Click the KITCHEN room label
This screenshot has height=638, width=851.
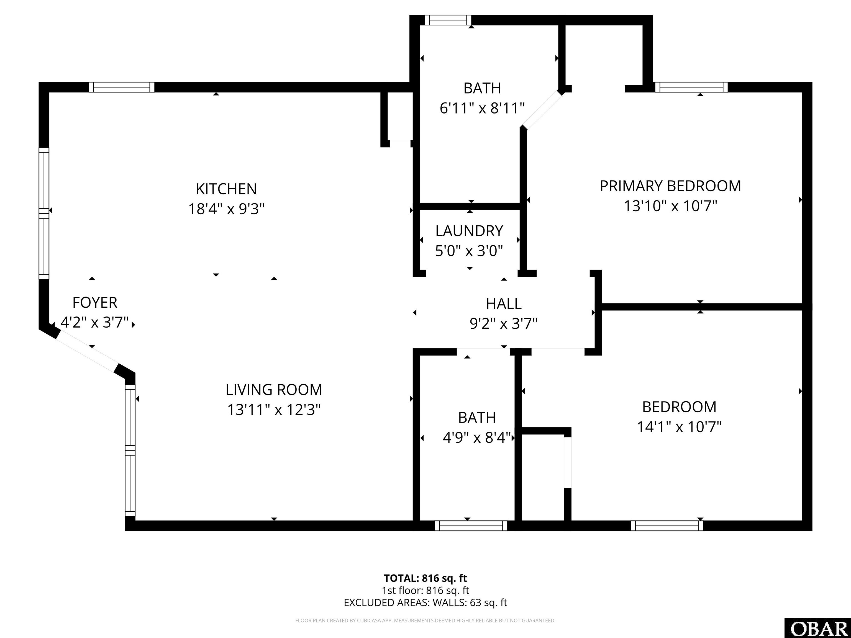coord(226,189)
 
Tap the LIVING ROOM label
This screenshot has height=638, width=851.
coord(274,390)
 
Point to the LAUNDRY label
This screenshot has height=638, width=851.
coord(469,231)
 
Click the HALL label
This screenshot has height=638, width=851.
coord(504,304)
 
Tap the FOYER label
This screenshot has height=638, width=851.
coord(95,303)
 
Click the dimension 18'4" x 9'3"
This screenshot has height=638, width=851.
coord(227,209)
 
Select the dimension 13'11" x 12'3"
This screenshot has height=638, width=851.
coord(274,410)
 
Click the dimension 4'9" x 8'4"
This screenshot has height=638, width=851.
coord(477,438)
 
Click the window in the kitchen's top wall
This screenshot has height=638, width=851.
coord(122,87)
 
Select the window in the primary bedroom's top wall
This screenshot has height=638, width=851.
coord(691,87)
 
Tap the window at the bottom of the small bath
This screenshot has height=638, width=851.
coord(471,526)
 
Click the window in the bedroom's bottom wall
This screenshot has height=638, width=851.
coord(667,526)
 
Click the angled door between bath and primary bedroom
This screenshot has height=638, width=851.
coord(542,110)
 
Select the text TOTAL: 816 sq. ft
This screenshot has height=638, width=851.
coord(425,578)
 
